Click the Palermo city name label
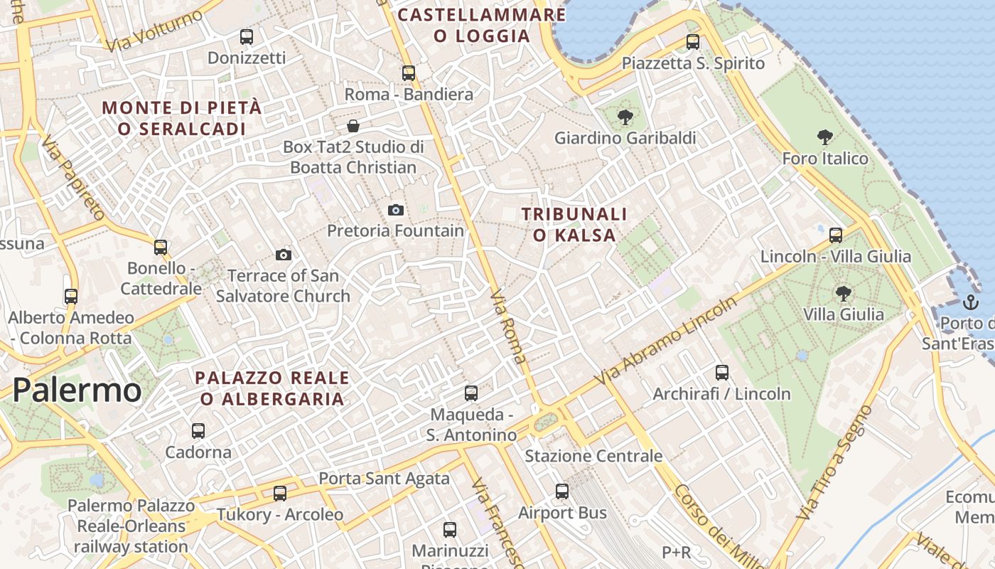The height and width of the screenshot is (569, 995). point(77,390)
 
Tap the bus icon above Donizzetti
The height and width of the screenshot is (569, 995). point(247,37)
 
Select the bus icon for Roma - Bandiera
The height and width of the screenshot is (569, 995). point(408,73)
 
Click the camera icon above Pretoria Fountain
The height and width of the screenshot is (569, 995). point(396,210)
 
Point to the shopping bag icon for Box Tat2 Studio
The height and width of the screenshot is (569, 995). point(353,127)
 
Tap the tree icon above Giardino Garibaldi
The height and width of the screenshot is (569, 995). point(625,117)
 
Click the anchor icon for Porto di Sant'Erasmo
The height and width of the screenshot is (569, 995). point(970,302)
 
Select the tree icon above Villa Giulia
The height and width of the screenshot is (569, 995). point(843,293)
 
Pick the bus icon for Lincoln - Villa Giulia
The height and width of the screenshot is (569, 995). point(836,235)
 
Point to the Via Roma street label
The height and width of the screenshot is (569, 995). point(509,326)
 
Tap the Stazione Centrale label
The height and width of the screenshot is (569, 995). point(593,456)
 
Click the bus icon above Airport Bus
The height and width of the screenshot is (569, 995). point(562,491)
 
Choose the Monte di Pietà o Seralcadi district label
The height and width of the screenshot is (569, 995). point(182,118)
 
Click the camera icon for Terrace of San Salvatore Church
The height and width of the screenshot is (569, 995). point(283,255)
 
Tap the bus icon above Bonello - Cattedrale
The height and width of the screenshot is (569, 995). point(161,248)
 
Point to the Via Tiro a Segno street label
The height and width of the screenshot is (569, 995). point(834,462)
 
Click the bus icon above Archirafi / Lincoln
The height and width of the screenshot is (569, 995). point(722,372)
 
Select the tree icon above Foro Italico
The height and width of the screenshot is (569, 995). point(825,137)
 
